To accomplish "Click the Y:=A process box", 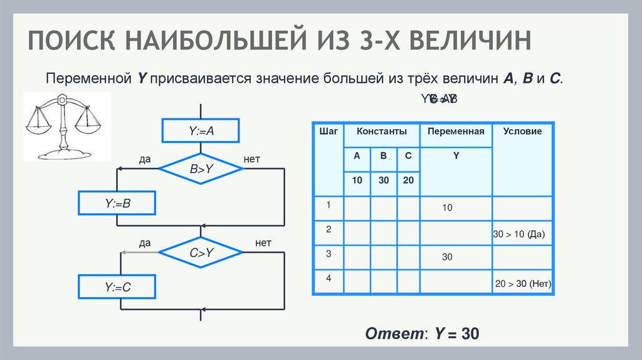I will pyautogui.click(x=201, y=131).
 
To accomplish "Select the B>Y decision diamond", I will pyautogui.click(x=201, y=168).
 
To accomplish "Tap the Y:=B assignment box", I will pyautogui.click(x=117, y=203).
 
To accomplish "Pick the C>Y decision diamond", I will pyautogui.click(x=201, y=252).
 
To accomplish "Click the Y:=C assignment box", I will pyautogui.click(x=117, y=287).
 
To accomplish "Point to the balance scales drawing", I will pyautogui.click(x=66, y=125).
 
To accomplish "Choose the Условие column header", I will pyautogui.click(x=522, y=131).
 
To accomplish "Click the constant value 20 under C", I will pyautogui.click(x=409, y=181).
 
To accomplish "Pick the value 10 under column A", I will pyautogui.click(x=357, y=181).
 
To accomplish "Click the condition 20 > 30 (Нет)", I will pyautogui.click(x=523, y=283).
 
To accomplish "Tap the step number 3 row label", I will pyautogui.click(x=328, y=253).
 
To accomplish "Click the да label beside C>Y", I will pyautogui.click(x=145, y=243).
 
